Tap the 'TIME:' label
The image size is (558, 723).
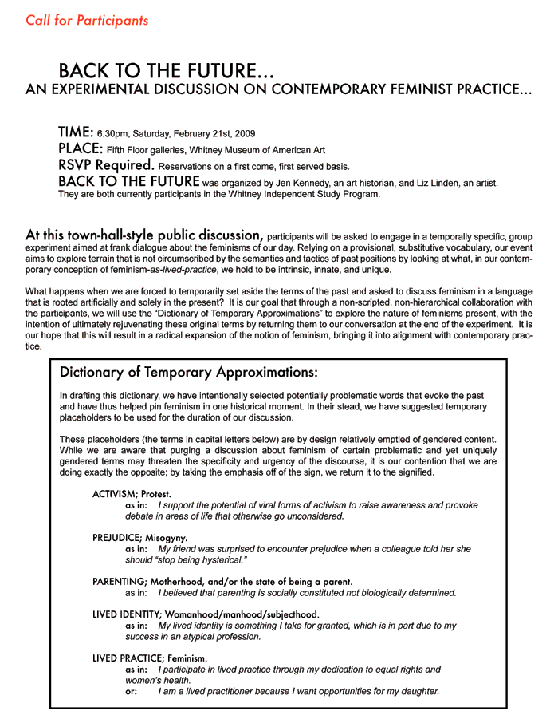pyautogui.click(x=76, y=132)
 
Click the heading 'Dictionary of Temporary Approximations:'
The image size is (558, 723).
pyautogui.click(x=189, y=373)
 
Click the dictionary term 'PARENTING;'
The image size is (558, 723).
pyautogui.click(x=119, y=582)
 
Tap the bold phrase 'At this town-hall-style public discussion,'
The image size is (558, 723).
pyautogui.click(x=144, y=236)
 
